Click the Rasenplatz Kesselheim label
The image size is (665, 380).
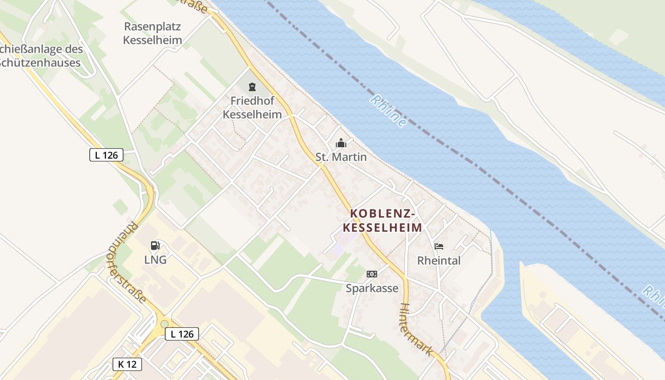152,33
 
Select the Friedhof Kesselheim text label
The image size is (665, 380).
252,107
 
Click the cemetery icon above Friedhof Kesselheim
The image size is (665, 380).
251,87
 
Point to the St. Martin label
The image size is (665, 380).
341,157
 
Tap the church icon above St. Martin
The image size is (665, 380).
341,143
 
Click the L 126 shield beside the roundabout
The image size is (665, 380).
182,334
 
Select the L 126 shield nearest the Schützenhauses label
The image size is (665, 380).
106,155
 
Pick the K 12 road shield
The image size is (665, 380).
127,364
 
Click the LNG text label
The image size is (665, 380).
155,260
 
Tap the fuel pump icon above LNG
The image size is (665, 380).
155,246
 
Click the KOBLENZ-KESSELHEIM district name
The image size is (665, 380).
382,220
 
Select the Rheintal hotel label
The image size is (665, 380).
439,260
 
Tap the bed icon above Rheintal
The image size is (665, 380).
439,247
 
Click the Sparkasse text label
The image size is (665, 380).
372,288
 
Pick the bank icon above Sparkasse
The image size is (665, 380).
372,274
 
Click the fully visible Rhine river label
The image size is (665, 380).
389,111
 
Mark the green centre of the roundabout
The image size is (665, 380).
164,324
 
